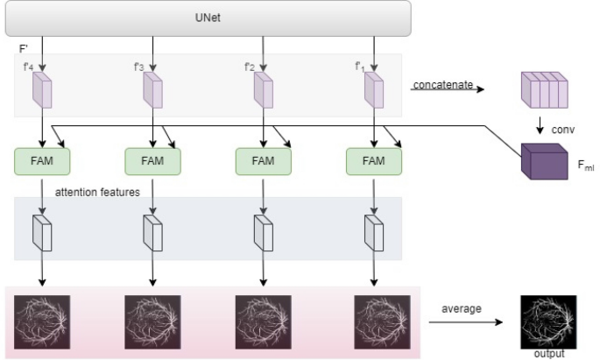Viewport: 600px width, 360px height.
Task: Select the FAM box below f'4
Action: [42, 161]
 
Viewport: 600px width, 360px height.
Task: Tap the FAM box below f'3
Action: [152, 161]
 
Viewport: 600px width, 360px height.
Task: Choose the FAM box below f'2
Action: [263, 161]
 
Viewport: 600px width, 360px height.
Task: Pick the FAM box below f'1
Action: [374, 161]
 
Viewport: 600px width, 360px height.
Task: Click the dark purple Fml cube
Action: [540, 162]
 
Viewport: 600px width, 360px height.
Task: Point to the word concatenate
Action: [442, 84]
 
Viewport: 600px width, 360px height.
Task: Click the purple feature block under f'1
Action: [374, 88]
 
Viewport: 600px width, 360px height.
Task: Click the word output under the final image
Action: [550, 354]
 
